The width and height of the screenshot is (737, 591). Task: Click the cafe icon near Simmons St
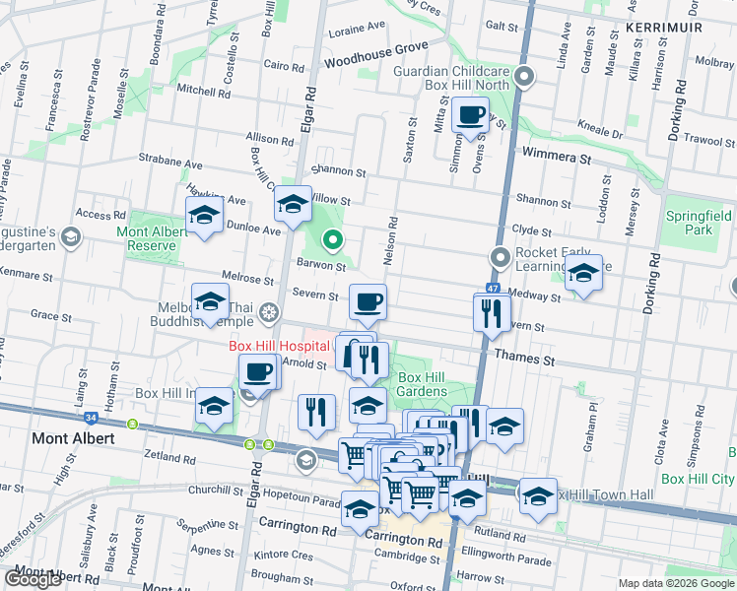click(x=471, y=114)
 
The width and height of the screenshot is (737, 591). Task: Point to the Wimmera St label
click(x=556, y=157)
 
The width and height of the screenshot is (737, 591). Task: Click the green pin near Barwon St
click(x=333, y=238)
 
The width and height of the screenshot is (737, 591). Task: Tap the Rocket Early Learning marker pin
click(x=501, y=258)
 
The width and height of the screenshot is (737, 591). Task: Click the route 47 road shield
click(x=493, y=289)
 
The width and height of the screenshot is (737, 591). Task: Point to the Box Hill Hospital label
click(x=279, y=346)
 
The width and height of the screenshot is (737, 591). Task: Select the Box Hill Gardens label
click(x=423, y=385)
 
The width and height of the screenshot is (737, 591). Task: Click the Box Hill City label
click(x=699, y=479)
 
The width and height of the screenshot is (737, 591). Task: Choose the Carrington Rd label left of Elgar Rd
click(x=295, y=529)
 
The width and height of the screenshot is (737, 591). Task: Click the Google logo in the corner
click(x=34, y=579)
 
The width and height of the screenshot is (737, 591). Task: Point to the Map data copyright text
click(x=676, y=583)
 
